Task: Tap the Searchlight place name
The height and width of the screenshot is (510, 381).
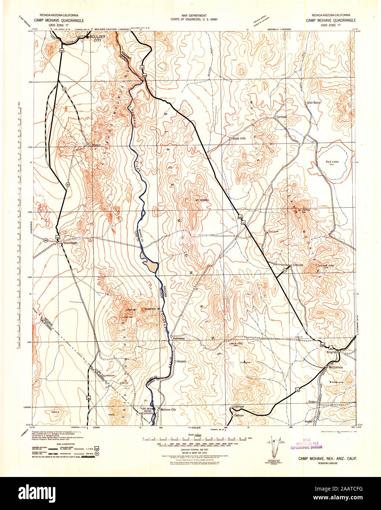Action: (x=70, y=243)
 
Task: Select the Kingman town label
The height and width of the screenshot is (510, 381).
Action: (x=331, y=352)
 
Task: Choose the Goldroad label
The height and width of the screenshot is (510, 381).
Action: (x=238, y=407)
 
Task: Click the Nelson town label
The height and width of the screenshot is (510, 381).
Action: (x=96, y=145)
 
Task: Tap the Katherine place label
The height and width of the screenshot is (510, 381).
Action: (x=179, y=339)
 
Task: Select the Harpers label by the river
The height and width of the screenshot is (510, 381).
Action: (x=182, y=361)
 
